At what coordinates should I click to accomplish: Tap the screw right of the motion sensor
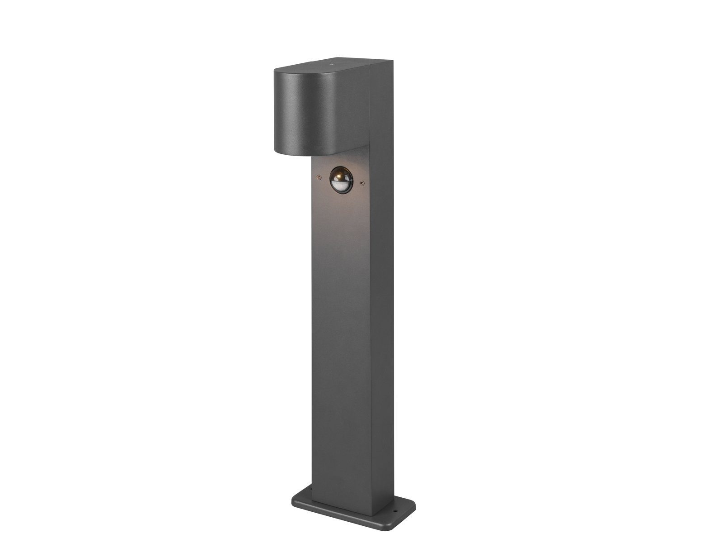pyautogui.click(x=361, y=183)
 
